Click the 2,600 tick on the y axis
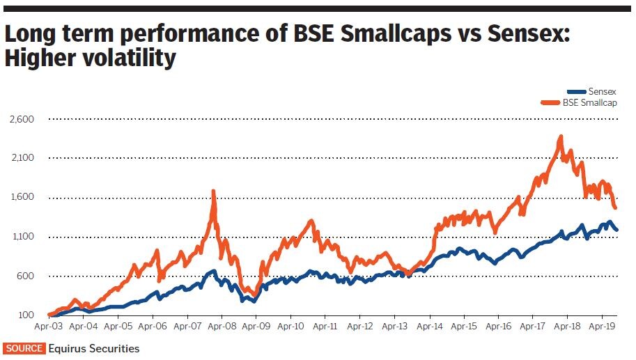(x=22, y=120)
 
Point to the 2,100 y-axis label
(x=22, y=159)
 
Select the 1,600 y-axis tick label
(x=22, y=198)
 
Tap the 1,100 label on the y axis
(x=22, y=237)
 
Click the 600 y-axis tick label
(x=26, y=276)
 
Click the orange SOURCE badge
(x=24, y=348)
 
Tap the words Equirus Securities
(x=94, y=348)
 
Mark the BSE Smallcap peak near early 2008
(x=213, y=191)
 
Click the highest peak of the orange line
(x=560, y=137)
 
